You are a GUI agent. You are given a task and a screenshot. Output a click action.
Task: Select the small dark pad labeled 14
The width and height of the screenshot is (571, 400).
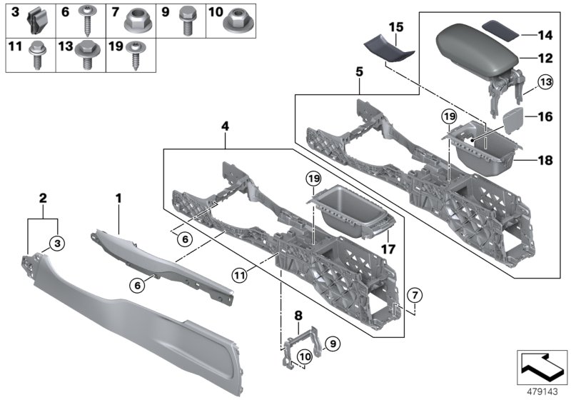(x=499, y=31)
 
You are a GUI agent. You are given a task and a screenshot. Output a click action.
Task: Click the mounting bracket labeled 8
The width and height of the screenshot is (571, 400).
(x=298, y=342)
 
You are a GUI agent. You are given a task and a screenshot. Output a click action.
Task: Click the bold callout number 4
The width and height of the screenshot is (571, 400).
(x=226, y=126)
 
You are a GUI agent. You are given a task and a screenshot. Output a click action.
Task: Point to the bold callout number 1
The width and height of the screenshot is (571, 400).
(x=120, y=195)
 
